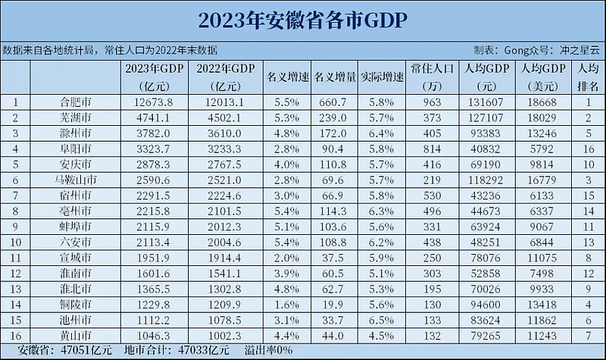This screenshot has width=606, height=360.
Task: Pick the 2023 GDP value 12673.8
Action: pyautogui.click(x=152, y=102)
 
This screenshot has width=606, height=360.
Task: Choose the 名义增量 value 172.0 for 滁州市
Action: pyautogui.click(x=330, y=133)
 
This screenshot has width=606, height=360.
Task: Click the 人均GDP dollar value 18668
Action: pyautogui.click(x=539, y=102)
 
